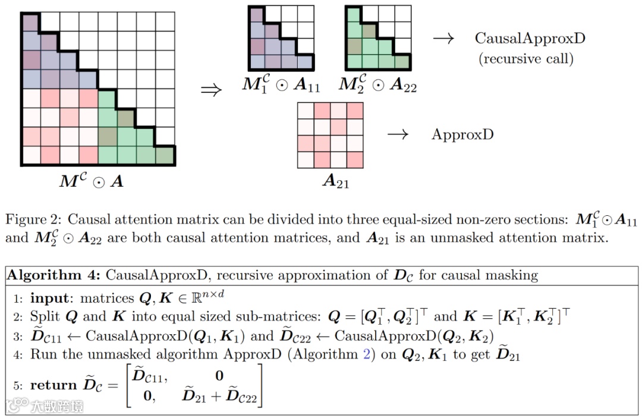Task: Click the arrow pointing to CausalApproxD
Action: (443, 39)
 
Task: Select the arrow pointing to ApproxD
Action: (398, 134)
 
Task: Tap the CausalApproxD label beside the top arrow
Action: (530, 39)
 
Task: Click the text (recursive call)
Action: (526, 59)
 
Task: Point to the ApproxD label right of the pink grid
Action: (462, 134)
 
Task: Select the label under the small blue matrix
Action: (281, 85)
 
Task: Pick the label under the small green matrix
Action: (377, 85)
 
